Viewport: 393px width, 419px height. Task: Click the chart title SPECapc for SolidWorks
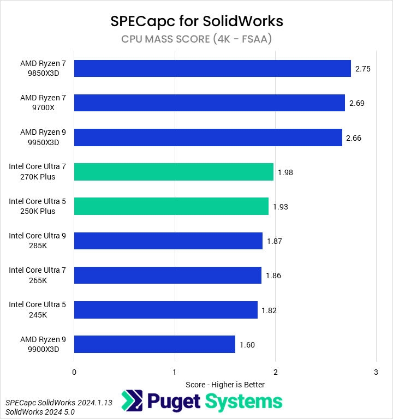pyautogui.click(x=196, y=21)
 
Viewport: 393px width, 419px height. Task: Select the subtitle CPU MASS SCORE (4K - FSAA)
pyautogui.click(x=196, y=39)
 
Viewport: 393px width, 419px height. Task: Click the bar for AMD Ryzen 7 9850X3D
pyautogui.click(x=212, y=69)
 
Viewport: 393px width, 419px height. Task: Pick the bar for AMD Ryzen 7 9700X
pyautogui.click(x=209, y=103)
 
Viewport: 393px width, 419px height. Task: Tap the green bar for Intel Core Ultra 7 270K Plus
pyautogui.click(x=174, y=172)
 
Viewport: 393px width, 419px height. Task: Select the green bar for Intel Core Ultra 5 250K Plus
pyautogui.click(x=171, y=206)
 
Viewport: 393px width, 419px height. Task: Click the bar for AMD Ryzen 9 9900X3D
pyautogui.click(x=154, y=344)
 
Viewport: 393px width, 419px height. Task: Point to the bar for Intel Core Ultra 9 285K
pyautogui.click(x=168, y=241)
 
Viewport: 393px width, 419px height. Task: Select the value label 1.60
pyautogui.click(x=247, y=345)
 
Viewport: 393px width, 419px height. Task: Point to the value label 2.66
pyautogui.click(x=354, y=138)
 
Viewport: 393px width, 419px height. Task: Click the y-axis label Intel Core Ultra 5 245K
pyautogui.click(x=37, y=309)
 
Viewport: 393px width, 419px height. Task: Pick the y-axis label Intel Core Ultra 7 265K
pyautogui.click(x=37, y=275)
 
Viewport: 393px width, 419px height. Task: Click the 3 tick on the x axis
pyautogui.click(x=376, y=372)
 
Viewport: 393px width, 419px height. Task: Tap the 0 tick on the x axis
pyautogui.click(x=74, y=372)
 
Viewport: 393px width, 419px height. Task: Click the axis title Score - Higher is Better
pyautogui.click(x=225, y=385)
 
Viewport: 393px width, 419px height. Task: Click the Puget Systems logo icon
pyautogui.click(x=132, y=401)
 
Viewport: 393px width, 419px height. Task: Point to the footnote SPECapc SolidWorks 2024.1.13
pyautogui.click(x=51, y=402)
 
